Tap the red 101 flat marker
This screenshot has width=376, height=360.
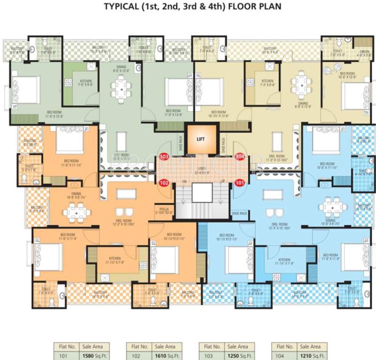tap(239, 183)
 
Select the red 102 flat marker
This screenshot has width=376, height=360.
tap(165, 183)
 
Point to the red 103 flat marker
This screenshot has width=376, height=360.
tap(165, 157)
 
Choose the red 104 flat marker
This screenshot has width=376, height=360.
tap(240, 157)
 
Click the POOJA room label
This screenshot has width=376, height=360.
tap(164, 211)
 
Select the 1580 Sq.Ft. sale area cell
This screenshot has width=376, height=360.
tap(89, 355)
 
